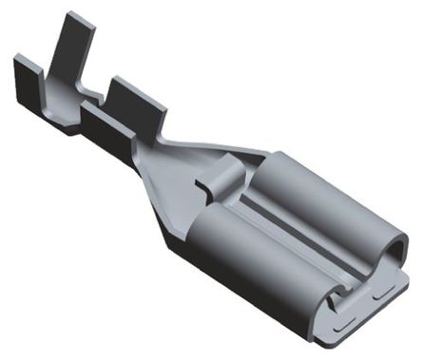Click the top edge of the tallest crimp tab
coord(67,15)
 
